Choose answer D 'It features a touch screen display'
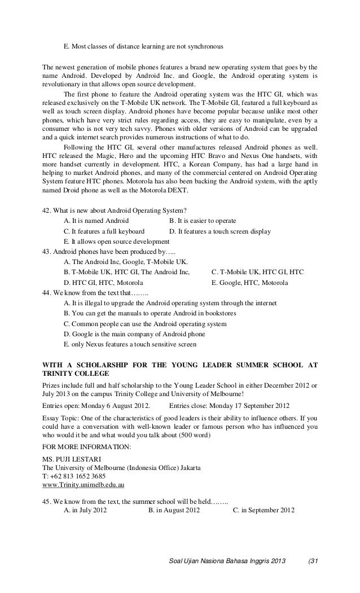point(219,231)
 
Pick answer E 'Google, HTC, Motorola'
point(249,282)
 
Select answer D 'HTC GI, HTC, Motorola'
point(103,282)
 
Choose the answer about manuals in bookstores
point(150,313)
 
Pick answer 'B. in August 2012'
point(174,511)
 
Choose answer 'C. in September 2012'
point(263,511)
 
